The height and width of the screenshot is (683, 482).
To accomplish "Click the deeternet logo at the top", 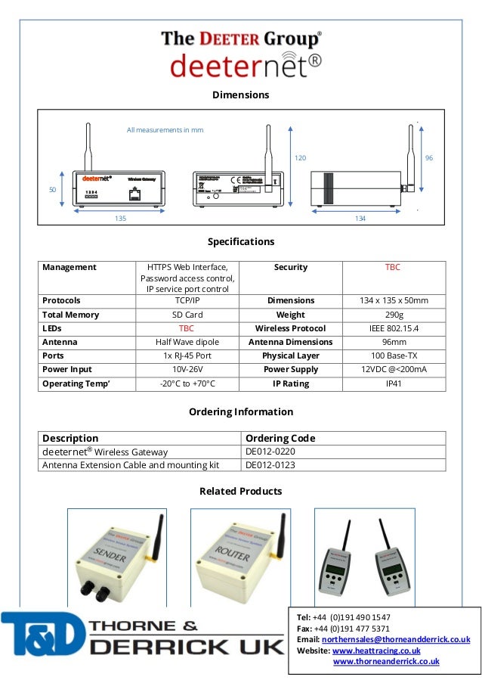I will (239, 65).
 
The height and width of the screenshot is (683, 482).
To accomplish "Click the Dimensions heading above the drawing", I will (240, 95).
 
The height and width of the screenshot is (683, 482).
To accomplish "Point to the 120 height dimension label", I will (300, 158).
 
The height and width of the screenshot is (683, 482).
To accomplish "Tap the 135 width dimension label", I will (120, 218).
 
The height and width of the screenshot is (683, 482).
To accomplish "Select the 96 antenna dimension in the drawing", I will (428, 158).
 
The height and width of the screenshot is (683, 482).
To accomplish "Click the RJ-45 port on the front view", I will (133, 193).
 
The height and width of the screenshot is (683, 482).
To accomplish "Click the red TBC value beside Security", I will (393, 267).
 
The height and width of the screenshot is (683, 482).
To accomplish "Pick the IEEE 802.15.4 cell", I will (393, 328).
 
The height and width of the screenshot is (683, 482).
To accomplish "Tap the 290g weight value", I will (393, 315).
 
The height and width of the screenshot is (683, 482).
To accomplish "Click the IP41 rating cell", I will (393, 383).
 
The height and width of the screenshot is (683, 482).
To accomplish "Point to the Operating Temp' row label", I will (76, 383).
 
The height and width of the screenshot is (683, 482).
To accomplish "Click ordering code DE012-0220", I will (270, 452).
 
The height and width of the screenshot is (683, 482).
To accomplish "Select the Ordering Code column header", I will (280, 438).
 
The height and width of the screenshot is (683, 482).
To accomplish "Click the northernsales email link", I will (395, 639).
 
